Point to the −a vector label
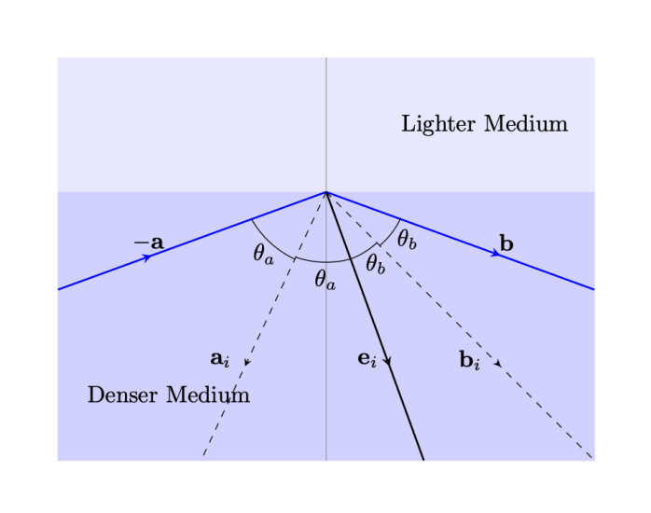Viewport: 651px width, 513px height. [148, 243]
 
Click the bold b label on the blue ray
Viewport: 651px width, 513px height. [506, 243]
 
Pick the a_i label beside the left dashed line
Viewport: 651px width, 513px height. [220, 357]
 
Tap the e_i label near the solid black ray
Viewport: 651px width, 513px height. [367, 357]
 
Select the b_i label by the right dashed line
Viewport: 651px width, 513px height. [470, 358]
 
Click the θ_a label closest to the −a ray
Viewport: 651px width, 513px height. [263, 253]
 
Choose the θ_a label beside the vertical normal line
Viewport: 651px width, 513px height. [325, 278]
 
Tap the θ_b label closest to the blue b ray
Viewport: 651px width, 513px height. [407, 240]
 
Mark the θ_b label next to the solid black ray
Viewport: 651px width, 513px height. [375, 264]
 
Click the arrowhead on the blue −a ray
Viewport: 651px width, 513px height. [146, 257]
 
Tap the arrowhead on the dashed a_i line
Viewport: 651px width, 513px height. [246, 361]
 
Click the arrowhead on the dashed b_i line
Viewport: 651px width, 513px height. [498, 362]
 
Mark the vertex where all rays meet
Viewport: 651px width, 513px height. [325, 192]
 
